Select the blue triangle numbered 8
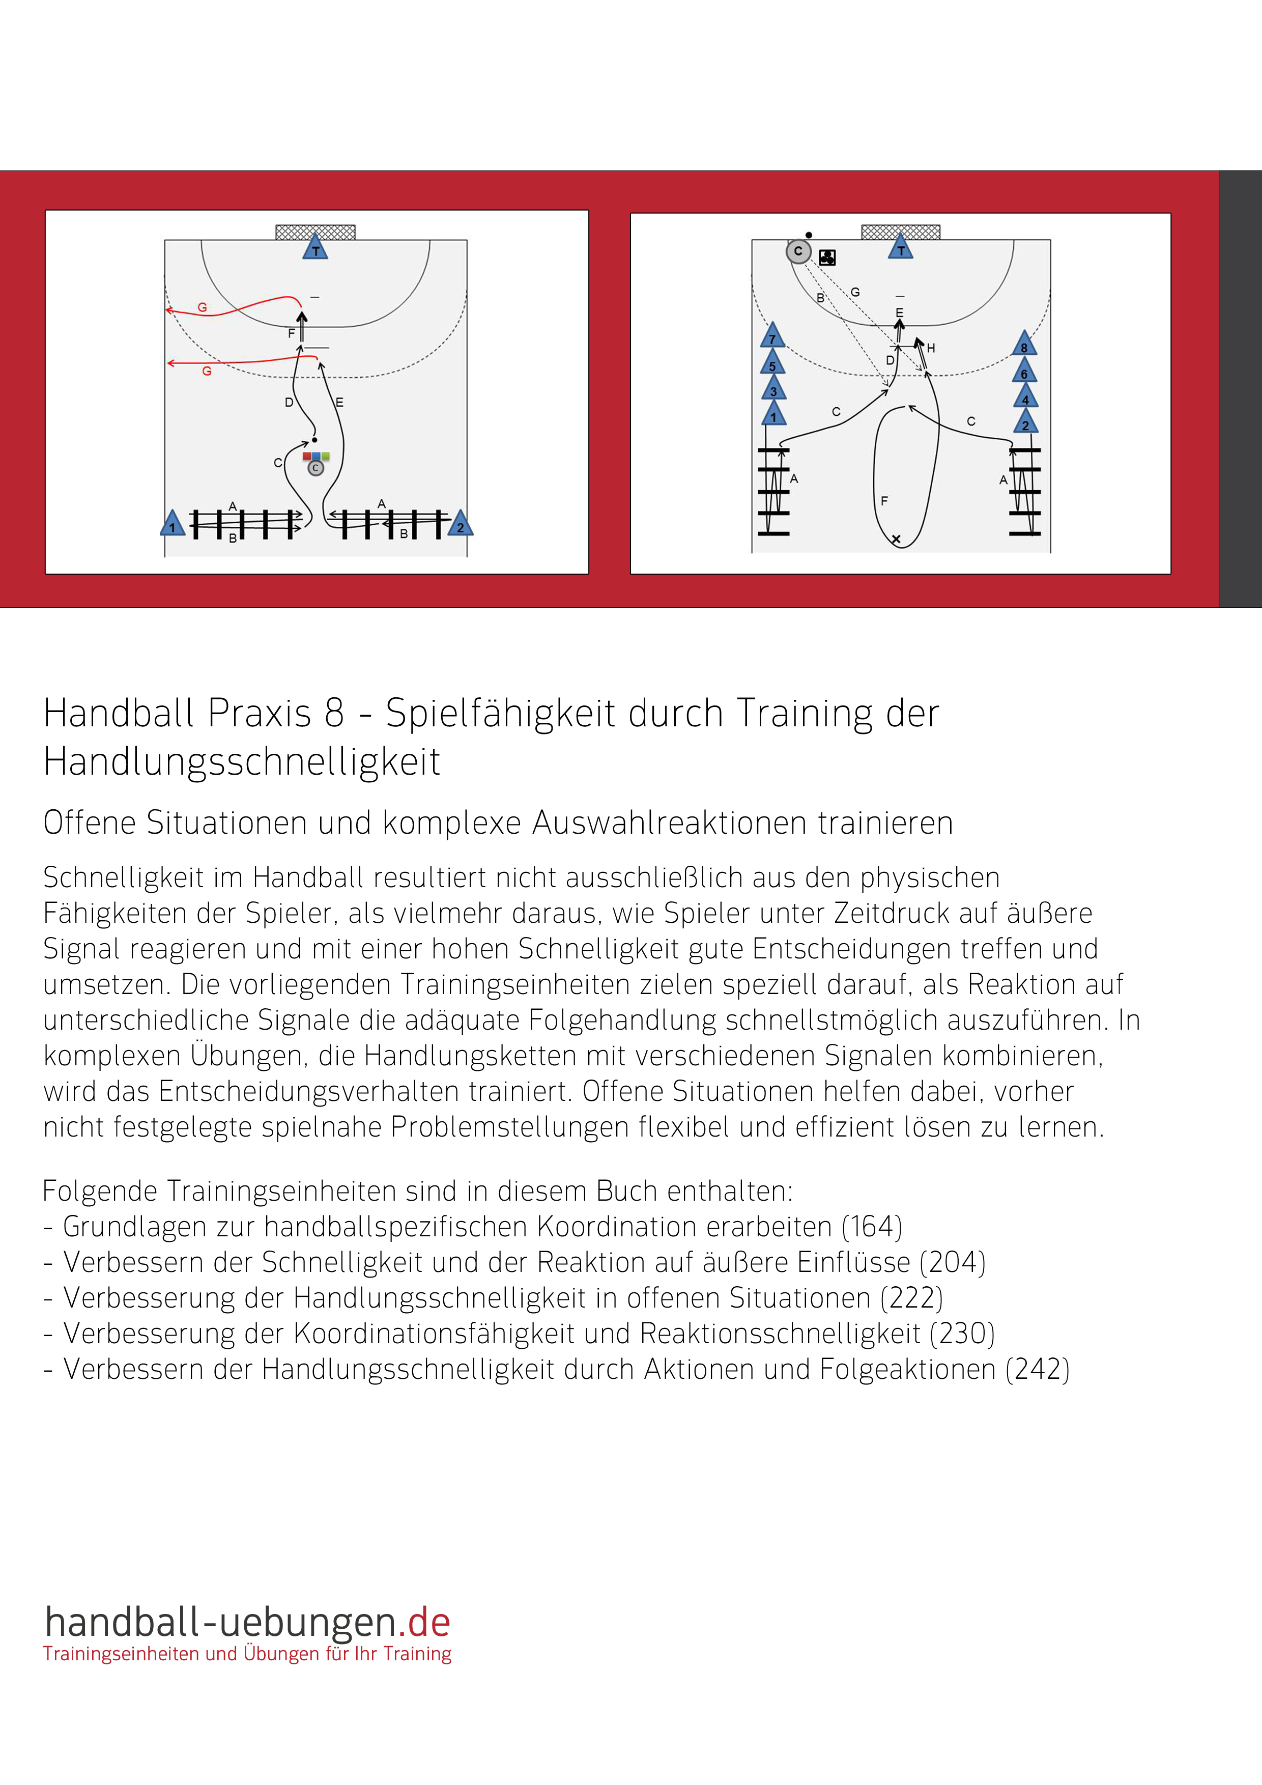(1024, 345)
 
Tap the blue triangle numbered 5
(772, 363)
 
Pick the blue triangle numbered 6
(1024, 372)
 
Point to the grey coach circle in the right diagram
(798, 251)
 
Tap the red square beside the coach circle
(307, 457)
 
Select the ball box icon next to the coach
(827, 258)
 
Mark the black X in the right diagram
(896, 539)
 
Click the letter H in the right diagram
(931, 348)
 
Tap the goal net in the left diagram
(315, 232)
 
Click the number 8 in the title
(334, 713)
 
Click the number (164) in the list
(872, 1227)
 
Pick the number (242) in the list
(1038, 1369)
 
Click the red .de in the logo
(429, 1623)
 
